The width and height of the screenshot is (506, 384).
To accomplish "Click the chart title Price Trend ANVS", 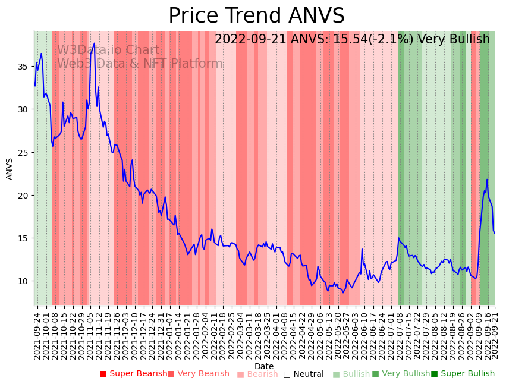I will [x=256, y=16].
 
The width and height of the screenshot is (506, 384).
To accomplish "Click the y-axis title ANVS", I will [x=10, y=169].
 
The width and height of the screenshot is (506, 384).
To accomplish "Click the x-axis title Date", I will [x=264, y=367].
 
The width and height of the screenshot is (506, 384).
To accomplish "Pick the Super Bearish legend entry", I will [x=134, y=374].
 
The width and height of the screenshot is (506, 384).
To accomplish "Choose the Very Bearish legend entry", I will [x=198, y=374].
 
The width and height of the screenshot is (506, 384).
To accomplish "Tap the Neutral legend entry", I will [x=303, y=374].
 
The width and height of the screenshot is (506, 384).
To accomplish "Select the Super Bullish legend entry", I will [x=463, y=374].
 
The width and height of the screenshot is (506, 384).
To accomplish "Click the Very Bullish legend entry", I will [x=401, y=374].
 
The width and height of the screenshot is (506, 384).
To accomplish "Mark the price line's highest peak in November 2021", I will [x=94, y=43].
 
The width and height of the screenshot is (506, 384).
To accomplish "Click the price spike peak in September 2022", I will [x=487, y=180].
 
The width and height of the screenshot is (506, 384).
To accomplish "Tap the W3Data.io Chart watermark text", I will [x=108, y=51].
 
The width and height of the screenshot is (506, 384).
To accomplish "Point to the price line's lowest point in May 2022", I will [x=343, y=292].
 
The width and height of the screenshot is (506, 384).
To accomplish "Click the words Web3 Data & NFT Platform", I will [x=140, y=64].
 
